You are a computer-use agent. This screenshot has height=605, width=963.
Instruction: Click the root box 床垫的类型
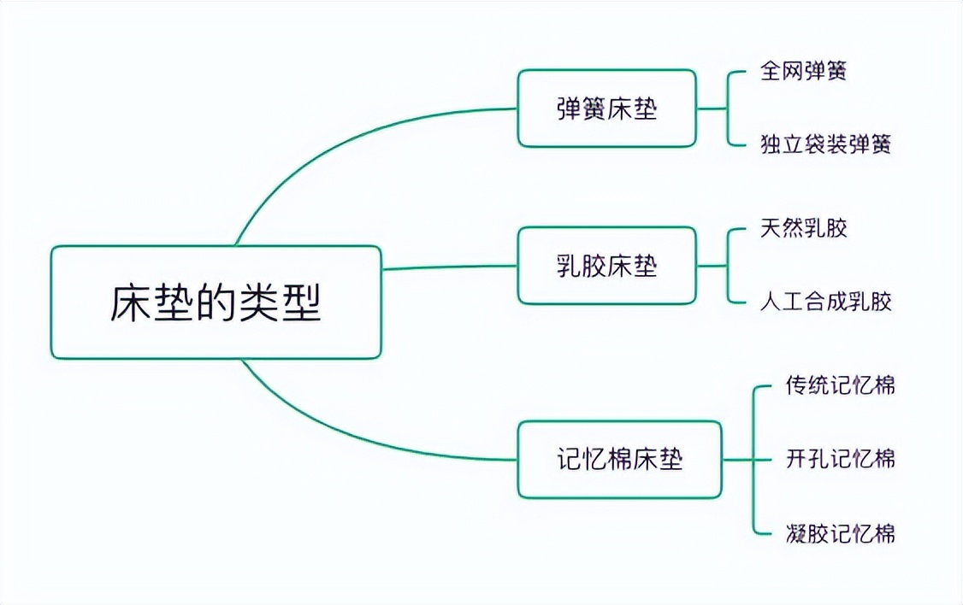click(216, 302)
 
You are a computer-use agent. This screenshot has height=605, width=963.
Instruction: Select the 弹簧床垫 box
click(606, 109)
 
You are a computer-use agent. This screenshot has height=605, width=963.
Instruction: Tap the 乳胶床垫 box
click(606, 266)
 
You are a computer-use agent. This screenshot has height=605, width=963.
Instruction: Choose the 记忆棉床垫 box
click(619, 460)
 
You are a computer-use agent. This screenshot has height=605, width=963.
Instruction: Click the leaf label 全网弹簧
click(803, 71)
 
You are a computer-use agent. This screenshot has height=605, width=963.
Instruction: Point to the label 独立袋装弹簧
click(825, 144)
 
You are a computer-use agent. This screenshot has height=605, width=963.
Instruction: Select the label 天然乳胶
click(803, 228)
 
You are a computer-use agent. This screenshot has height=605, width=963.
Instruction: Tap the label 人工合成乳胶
click(825, 302)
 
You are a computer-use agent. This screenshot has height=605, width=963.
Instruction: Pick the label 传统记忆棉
click(841, 385)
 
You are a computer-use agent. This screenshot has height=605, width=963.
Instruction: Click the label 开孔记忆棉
click(841, 459)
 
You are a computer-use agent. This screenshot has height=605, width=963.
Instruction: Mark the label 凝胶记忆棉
click(841, 534)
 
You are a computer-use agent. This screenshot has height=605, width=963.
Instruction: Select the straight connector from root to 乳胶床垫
click(449, 267)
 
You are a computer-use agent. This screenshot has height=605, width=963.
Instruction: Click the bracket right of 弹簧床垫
click(728, 109)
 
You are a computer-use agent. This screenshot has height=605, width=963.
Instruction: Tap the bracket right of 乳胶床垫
click(728, 266)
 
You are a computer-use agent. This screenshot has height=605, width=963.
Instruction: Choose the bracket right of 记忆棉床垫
click(753, 460)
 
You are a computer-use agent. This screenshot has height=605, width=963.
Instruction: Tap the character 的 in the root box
click(216, 302)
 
